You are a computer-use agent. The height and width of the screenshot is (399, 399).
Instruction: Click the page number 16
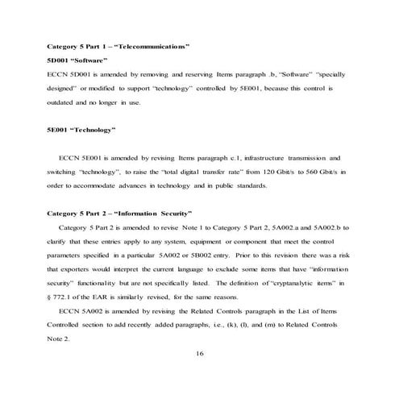tap(200, 353)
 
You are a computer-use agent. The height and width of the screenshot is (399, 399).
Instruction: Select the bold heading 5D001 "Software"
tap(74, 60)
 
